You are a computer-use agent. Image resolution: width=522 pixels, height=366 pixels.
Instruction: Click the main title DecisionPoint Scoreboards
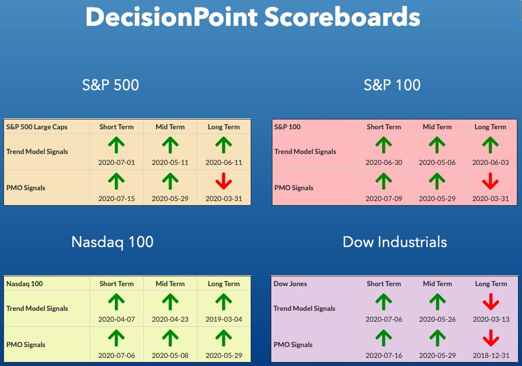(253, 17)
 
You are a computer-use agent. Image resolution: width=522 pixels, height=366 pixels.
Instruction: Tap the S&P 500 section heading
(111, 84)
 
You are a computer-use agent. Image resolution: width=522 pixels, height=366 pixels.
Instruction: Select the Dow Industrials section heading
(395, 242)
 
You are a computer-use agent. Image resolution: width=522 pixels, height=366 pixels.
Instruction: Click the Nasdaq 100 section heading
(112, 242)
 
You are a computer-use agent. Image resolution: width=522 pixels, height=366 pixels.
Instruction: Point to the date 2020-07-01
(116, 163)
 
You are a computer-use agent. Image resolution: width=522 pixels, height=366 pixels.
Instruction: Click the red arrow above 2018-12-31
(490, 338)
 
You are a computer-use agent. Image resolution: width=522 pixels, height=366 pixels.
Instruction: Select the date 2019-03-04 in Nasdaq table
(224, 319)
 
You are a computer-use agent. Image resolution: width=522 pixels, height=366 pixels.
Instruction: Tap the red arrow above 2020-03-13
(490, 302)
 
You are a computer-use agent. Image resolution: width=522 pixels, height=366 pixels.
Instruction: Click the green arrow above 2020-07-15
(116, 182)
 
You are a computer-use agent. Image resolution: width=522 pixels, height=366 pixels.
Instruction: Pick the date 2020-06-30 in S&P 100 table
(384, 163)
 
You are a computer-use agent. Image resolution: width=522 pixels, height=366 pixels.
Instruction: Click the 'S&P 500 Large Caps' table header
(37, 127)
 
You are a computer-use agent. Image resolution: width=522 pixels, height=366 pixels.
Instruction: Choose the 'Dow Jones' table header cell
(290, 284)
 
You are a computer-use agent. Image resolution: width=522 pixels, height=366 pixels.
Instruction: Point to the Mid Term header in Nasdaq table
(170, 284)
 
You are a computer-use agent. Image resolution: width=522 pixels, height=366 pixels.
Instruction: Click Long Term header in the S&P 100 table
(490, 127)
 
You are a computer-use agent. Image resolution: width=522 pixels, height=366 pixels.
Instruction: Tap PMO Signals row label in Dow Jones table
(293, 345)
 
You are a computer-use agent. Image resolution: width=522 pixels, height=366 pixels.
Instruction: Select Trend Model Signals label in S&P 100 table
(305, 152)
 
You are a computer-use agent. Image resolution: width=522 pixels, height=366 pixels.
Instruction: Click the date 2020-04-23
(170, 319)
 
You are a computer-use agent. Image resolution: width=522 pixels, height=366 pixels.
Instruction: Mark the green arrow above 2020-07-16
(384, 338)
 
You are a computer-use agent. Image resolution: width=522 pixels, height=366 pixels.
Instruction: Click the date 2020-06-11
(224, 163)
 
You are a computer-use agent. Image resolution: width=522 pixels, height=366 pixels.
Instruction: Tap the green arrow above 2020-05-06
(437, 145)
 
